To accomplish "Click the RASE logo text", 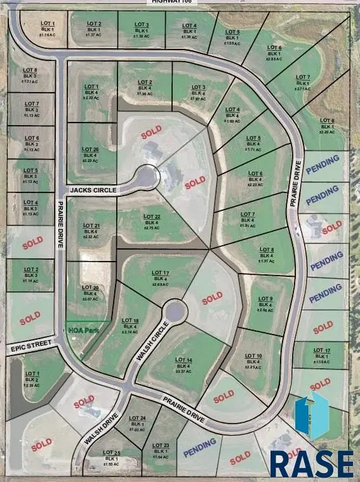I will [311, 464].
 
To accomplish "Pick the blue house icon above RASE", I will [312, 415].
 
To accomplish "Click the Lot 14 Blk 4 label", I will [184, 366].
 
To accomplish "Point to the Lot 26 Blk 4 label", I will [90, 155].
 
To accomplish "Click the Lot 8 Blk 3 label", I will [30, 76].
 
